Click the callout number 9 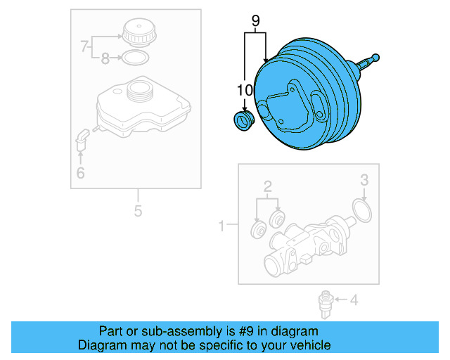click(256, 22)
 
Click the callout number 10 click(244, 90)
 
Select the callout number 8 click(105, 59)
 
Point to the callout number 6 click(80, 172)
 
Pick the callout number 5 click(138, 210)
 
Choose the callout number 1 click(221, 226)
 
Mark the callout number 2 click(267, 186)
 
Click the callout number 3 click(364, 181)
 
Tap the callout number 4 click(354, 301)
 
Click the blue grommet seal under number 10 click(243, 121)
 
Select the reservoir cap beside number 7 click(137, 34)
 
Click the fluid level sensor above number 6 click(81, 138)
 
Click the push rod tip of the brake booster click(375, 57)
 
